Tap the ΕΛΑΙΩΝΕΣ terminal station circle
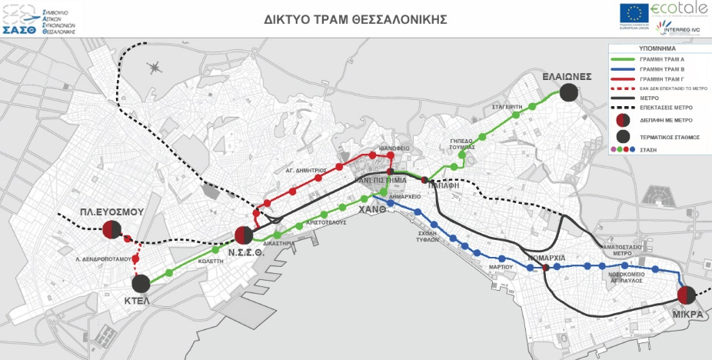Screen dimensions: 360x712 coord(568,92)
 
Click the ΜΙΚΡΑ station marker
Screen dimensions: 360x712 coord(687,295)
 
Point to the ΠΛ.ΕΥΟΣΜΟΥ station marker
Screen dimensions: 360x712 coord(111,228)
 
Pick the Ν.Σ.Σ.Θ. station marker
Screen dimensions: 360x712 coord(244,235)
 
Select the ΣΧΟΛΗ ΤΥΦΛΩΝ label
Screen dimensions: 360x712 coord(423,235)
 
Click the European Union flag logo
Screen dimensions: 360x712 coord(634,14)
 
